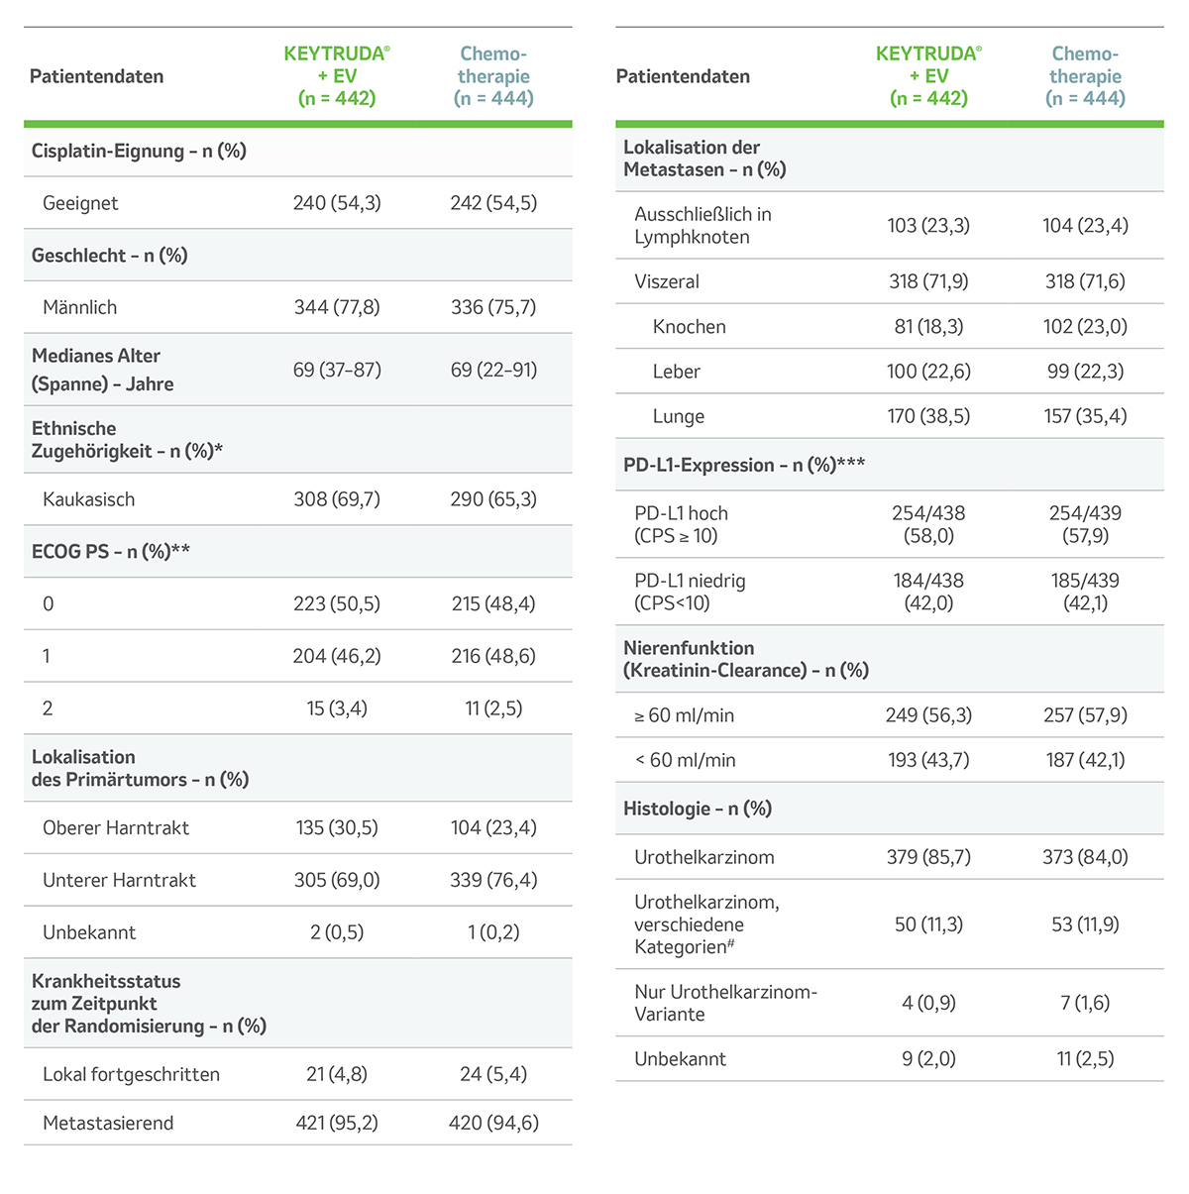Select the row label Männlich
coord(79,307)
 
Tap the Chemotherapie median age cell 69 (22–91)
coord(493,370)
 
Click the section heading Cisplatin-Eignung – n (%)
coord(139,151)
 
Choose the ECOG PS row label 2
coord(48,708)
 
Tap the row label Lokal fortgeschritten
coord(131,1074)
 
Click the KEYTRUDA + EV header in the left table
coord(337,76)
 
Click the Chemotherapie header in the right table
coord(1085,76)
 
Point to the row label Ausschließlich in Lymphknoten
coord(703,226)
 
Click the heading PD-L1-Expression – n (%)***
coord(744,465)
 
